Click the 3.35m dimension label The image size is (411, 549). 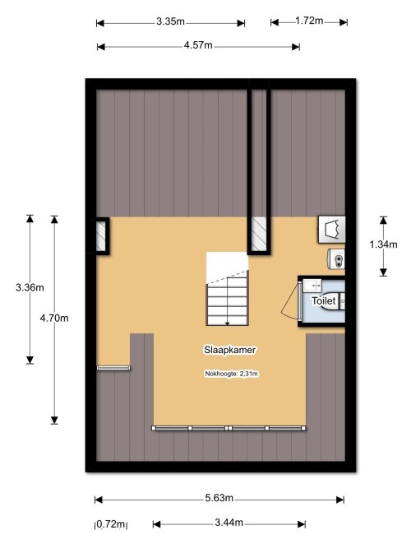[170, 21]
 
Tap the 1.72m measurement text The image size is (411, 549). [309, 21]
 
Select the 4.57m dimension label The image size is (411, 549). [198, 45]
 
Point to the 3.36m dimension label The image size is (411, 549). [30, 287]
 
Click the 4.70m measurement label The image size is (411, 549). [54, 319]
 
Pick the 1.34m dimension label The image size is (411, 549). [383, 244]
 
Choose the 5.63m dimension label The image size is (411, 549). [219, 498]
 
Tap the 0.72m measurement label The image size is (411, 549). [110, 524]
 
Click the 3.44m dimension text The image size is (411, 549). [229, 523]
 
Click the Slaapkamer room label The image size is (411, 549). [230, 350]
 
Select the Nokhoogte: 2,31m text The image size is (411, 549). [231, 374]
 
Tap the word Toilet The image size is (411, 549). [324, 300]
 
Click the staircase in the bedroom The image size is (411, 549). [227, 289]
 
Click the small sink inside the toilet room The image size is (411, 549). [312, 285]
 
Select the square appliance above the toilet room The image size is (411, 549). [331, 230]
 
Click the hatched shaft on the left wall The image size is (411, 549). [101, 235]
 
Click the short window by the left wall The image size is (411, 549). [113, 368]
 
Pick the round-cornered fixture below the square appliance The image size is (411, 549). [336, 259]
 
